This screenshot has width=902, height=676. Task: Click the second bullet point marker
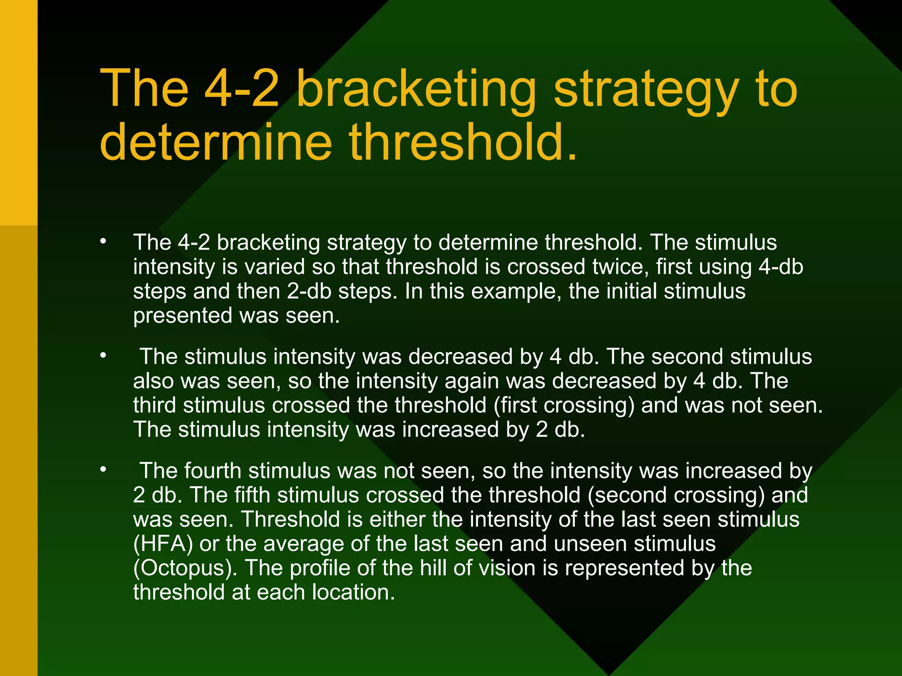(x=103, y=355)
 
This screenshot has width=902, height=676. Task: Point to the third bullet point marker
(x=103, y=470)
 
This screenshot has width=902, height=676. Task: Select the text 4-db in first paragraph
(x=780, y=267)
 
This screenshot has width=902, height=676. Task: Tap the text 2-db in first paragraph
(x=309, y=291)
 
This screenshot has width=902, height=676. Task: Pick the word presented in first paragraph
(x=183, y=316)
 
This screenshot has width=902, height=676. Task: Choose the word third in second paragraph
(x=155, y=405)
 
